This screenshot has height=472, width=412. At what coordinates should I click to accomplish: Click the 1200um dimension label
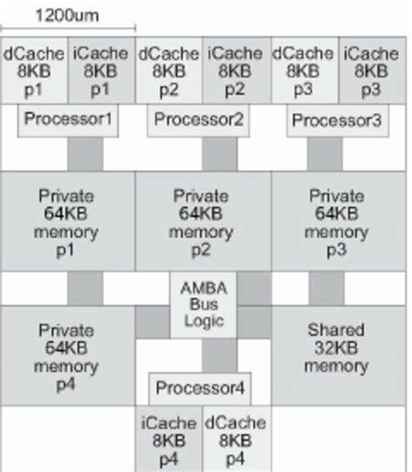tap(67, 15)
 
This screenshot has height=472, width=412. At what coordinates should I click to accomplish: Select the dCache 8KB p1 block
tap(33, 70)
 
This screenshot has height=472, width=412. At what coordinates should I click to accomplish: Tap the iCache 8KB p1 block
tap(102, 70)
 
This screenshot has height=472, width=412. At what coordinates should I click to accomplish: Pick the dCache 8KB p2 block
tap(169, 70)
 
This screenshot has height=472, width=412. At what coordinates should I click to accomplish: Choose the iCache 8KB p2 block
tap(237, 70)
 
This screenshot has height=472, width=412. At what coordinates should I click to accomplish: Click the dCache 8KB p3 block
tap(304, 70)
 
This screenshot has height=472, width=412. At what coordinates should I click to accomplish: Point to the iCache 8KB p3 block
tap(373, 70)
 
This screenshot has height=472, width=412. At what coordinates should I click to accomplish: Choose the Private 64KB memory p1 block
tap(68, 222)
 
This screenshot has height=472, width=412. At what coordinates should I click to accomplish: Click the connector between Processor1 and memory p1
tap(85, 154)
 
